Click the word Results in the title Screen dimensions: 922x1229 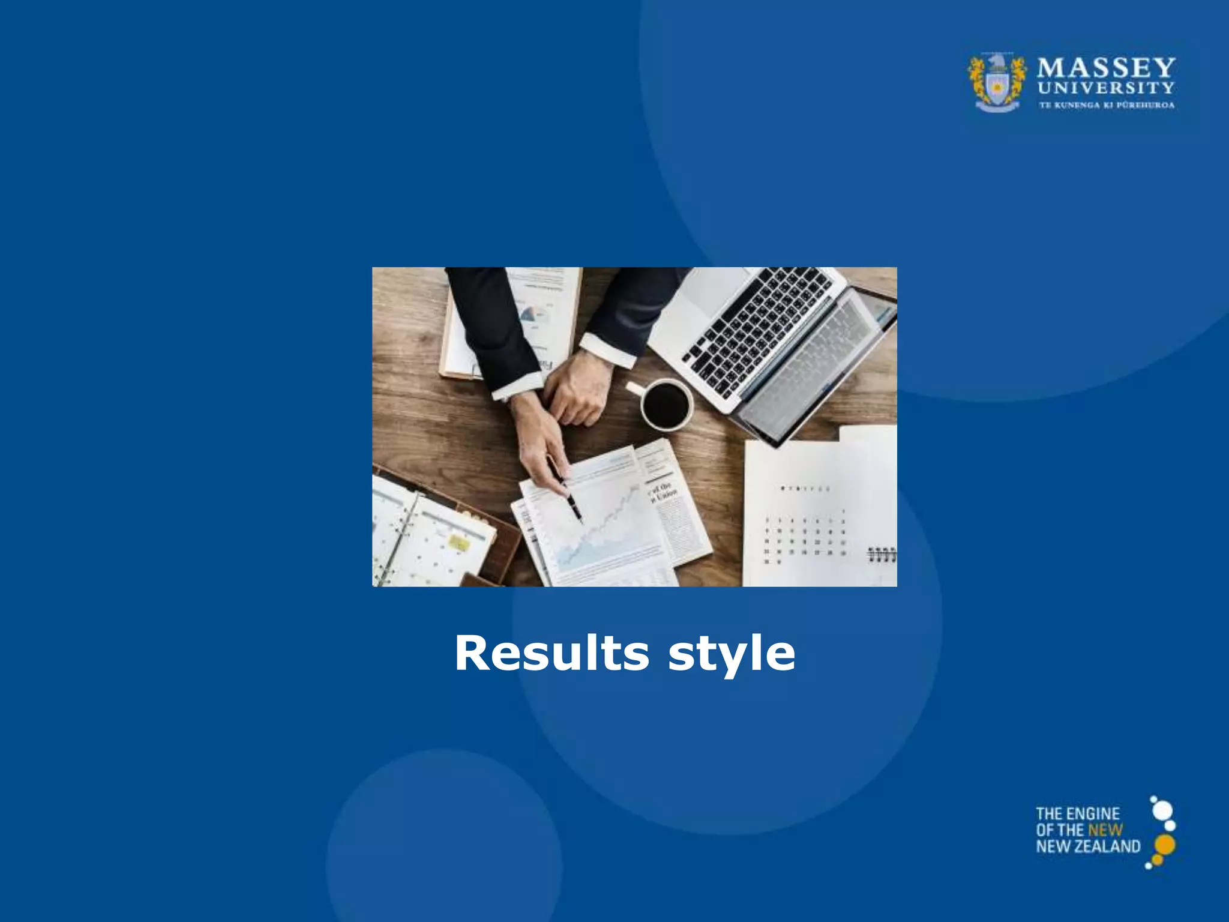pyautogui.click(x=551, y=653)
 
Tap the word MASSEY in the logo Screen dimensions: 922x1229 pyautogui.click(x=1106, y=67)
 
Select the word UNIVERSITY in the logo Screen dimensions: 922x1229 pyautogui.click(x=1106, y=88)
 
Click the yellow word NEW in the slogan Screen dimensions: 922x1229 pyautogui.click(x=1105, y=830)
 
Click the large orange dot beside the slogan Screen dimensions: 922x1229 pyautogui.click(x=1165, y=845)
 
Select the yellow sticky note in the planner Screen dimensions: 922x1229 pyautogui.click(x=459, y=543)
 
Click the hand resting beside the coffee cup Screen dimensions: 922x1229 pyautogui.click(x=577, y=390)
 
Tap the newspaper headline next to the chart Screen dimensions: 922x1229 pyautogui.click(x=663, y=492)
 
